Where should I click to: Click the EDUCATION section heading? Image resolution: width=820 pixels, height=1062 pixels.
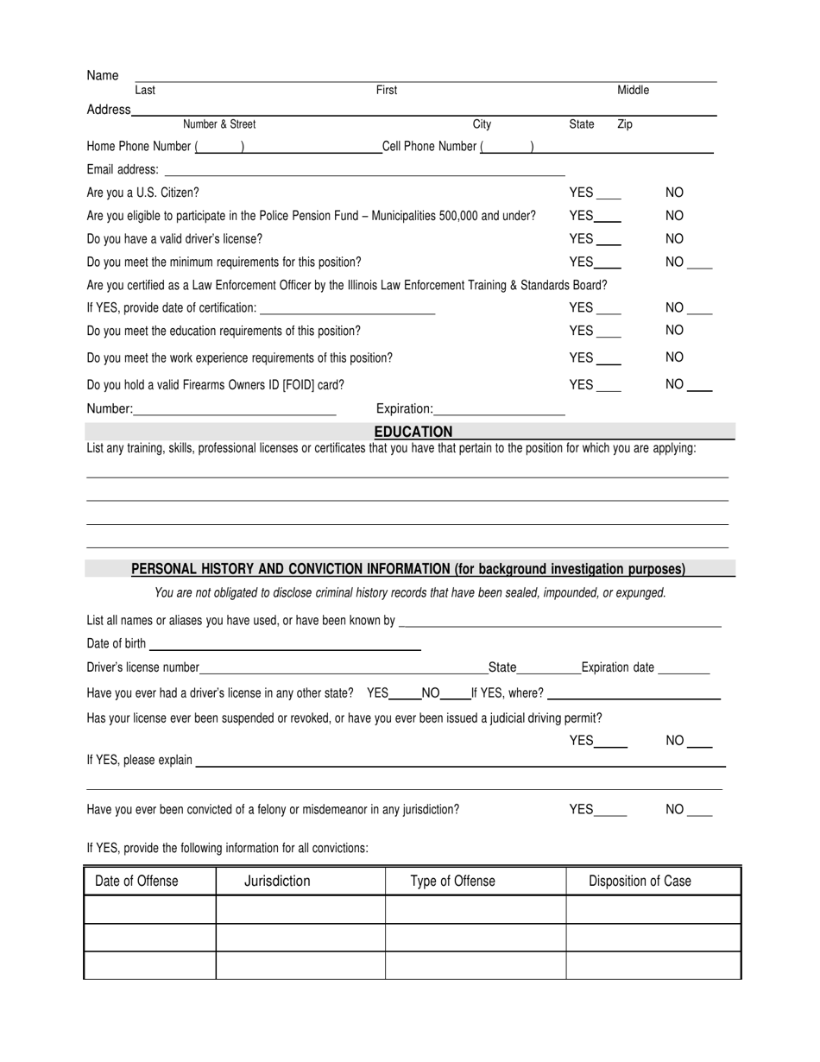click(x=413, y=432)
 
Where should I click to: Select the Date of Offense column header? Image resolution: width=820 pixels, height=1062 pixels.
click(x=136, y=882)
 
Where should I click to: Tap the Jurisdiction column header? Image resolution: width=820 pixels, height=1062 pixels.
click(x=277, y=882)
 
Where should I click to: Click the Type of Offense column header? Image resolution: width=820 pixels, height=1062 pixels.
click(x=452, y=882)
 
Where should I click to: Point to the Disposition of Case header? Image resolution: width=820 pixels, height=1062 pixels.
click(x=640, y=882)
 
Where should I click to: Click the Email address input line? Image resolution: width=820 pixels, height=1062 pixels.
click(x=363, y=172)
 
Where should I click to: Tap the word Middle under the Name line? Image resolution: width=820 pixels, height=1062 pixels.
click(x=633, y=91)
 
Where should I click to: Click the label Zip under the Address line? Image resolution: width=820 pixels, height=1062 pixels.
click(x=625, y=125)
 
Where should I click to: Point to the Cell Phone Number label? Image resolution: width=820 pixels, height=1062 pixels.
click(x=429, y=147)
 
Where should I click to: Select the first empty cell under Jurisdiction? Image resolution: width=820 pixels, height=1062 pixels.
click(x=300, y=910)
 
